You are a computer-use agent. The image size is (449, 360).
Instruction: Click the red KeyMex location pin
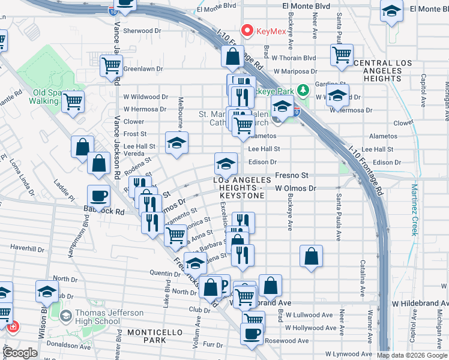[x=246, y=30]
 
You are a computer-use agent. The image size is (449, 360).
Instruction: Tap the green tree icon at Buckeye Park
[x=304, y=90]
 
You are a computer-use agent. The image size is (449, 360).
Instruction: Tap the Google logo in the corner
[x=20, y=353]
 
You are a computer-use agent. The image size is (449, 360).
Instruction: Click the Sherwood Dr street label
[x=142, y=31]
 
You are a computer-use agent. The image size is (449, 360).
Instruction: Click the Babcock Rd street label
[x=107, y=212]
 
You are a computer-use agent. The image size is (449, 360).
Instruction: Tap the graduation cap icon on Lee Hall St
[x=176, y=142]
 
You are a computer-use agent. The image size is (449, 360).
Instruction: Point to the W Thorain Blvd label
[x=294, y=58]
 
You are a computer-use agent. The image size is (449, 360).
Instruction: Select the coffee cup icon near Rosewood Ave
[x=252, y=333]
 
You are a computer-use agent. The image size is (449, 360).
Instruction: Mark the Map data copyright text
[x=412, y=355]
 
